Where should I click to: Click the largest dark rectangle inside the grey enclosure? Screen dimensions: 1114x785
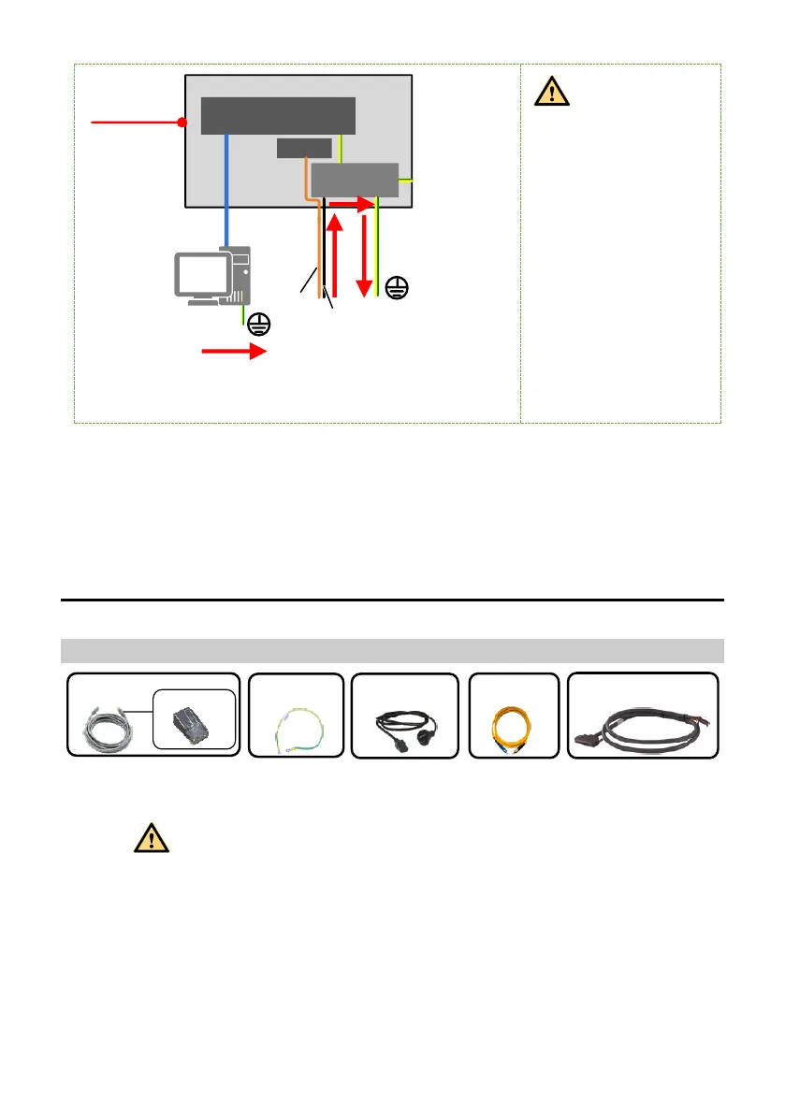(279, 115)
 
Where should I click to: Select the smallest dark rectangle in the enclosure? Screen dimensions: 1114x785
(304, 148)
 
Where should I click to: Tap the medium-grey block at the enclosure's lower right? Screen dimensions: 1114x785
(355, 180)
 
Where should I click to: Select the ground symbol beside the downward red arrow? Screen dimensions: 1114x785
(396, 288)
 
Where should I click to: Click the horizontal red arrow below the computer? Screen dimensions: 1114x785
(235, 353)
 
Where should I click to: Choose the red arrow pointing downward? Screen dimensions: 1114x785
(363, 253)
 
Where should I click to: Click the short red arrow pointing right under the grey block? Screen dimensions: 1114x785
(352, 201)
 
